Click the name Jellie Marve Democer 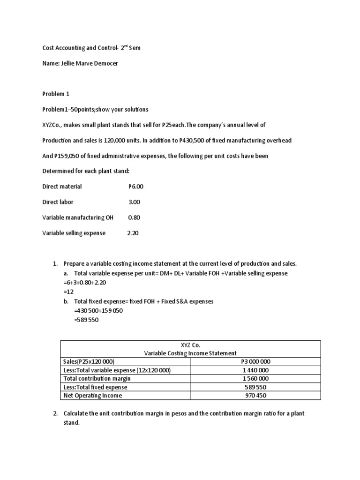pyautogui.click(x=89, y=63)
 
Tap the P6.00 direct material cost pyautogui.click(x=136, y=187)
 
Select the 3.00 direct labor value pyautogui.click(x=135, y=202)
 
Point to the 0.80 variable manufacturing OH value pyautogui.click(x=134, y=217)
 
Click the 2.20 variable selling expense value pyautogui.click(x=133, y=233)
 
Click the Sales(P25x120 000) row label pyautogui.click(x=89, y=361)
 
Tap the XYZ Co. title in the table pyautogui.click(x=190, y=345)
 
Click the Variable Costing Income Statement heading pyautogui.click(x=190, y=353)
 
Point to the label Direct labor pyautogui.click(x=58, y=202)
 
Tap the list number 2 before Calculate pyautogui.click(x=55, y=413)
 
